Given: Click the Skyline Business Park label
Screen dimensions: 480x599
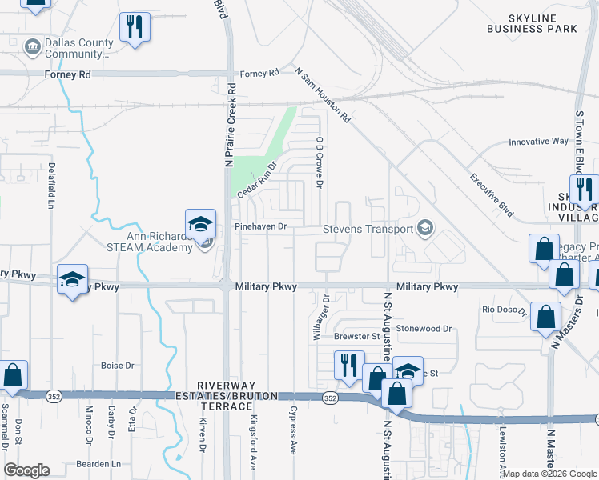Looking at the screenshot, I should [532, 22].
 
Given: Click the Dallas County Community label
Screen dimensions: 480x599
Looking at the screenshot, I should [78, 49].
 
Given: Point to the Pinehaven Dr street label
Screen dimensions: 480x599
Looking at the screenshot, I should [260, 227].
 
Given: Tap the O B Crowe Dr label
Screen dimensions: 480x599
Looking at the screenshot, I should [319, 162].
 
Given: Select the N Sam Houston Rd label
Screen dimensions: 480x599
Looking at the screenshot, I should [323, 94].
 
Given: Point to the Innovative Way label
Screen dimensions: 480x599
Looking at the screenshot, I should [538, 142].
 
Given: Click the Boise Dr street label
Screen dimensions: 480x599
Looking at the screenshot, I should [117, 366].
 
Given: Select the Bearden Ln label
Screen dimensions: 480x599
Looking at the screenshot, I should [98, 463].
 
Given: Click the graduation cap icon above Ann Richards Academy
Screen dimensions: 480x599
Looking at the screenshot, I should [200, 222].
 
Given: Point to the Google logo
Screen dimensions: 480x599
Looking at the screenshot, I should [26, 470].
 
